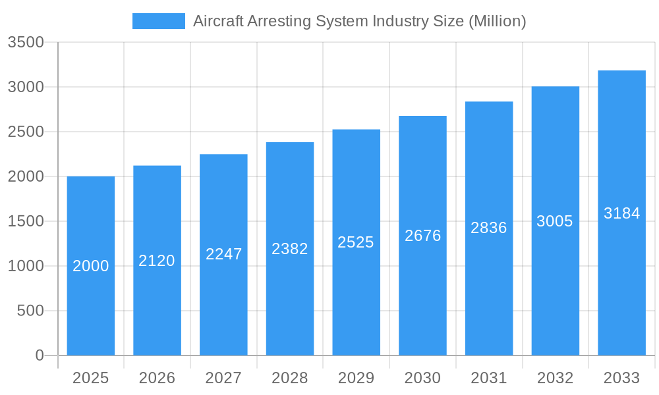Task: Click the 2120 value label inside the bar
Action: [157, 261]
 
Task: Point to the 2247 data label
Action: [224, 254]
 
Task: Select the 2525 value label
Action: [356, 242]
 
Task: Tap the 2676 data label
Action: [422, 236]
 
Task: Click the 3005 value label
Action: [555, 221]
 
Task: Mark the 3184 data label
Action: [621, 213]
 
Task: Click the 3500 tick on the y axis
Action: [26, 43]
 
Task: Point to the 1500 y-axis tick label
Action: [26, 222]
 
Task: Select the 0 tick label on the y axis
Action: [39, 355]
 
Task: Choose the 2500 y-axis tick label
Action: [26, 132]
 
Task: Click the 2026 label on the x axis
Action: [157, 379]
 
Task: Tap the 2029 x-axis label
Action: [356, 379]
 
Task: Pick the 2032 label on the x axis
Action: [555, 379]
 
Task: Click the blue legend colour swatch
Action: [159, 21]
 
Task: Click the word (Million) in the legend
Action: [497, 21]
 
